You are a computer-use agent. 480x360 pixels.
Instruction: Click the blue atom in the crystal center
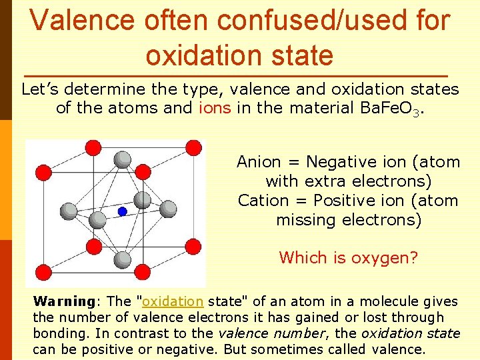[122, 211]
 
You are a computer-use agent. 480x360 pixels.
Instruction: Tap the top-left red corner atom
[93, 147]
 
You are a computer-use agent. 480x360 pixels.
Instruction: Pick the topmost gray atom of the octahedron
[122, 159]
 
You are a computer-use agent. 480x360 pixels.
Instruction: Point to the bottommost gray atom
[122, 259]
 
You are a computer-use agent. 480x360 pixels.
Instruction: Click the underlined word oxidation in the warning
[173, 301]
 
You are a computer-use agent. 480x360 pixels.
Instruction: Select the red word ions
[215, 108]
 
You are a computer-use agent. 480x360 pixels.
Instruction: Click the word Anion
[259, 162]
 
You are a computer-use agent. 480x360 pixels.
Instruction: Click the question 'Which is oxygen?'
[348, 257]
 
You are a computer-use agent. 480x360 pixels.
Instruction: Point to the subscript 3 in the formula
[415, 112]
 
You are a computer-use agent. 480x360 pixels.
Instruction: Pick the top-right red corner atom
[193, 147]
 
